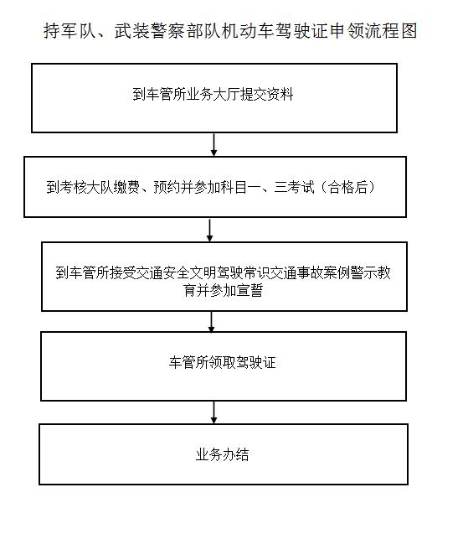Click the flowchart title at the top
230,31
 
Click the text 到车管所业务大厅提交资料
213,95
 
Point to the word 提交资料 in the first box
267,95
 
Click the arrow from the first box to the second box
213,145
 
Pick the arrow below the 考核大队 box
210,231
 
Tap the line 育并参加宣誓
224,291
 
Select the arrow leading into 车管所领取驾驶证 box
211,322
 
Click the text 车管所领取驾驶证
222,362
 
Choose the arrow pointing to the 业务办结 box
213,412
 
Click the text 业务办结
222,454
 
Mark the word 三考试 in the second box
294,187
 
